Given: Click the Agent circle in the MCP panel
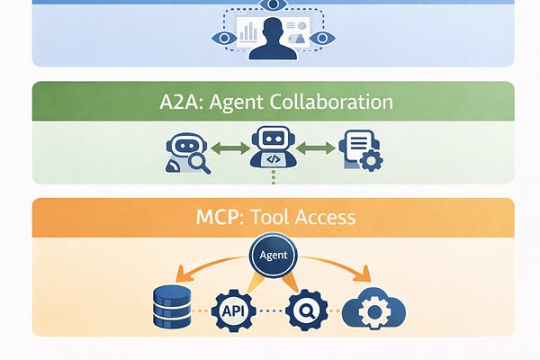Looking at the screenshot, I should click(x=272, y=256).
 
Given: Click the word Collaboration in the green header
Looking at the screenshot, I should click(x=328, y=101).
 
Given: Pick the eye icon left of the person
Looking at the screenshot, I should click(x=222, y=39).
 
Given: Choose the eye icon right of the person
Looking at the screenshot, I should click(x=323, y=39).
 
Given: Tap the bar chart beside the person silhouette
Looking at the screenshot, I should click(x=248, y=33).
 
